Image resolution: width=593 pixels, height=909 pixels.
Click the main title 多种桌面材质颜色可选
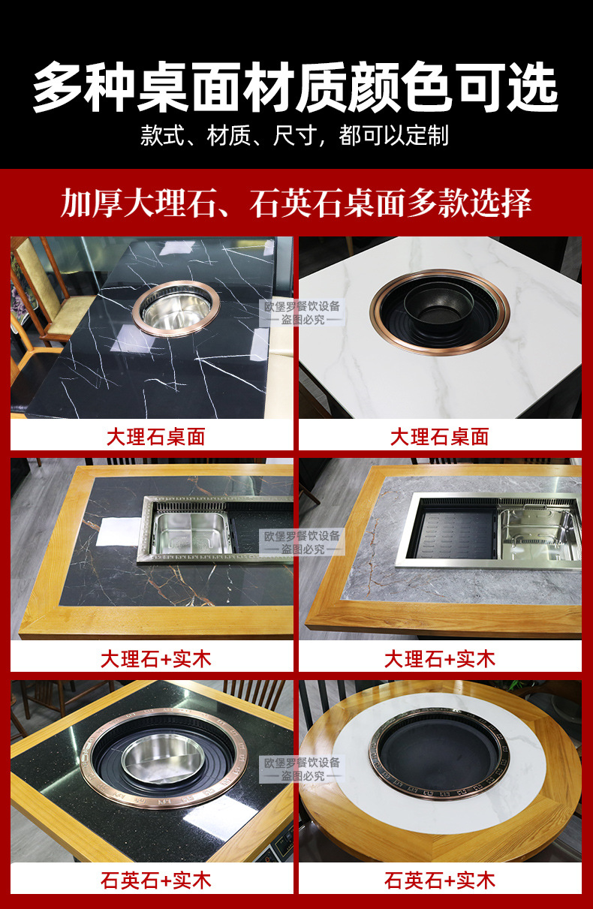pos(296,86)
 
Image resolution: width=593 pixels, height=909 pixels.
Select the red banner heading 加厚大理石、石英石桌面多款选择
pos(296,202)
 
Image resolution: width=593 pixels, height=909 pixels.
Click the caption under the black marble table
pos(155,436)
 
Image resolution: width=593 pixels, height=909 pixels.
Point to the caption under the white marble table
pos(439,436)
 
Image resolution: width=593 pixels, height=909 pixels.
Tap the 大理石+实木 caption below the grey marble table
pos(439,659)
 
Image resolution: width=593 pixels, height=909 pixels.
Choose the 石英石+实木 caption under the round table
pos(439,880)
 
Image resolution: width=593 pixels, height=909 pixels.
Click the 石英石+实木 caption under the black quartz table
pos(155,880)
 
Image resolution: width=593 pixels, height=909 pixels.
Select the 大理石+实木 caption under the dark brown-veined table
pos(155,659)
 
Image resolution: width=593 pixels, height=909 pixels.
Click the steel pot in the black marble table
pos(176,309)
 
